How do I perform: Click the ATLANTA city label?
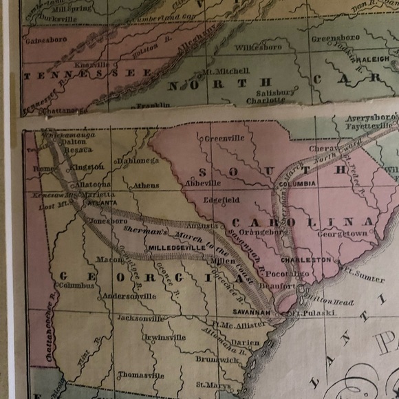100,203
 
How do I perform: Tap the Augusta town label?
203,226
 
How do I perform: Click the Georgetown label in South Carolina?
342,234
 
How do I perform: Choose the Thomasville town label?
141,376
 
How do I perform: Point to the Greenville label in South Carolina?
224,138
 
